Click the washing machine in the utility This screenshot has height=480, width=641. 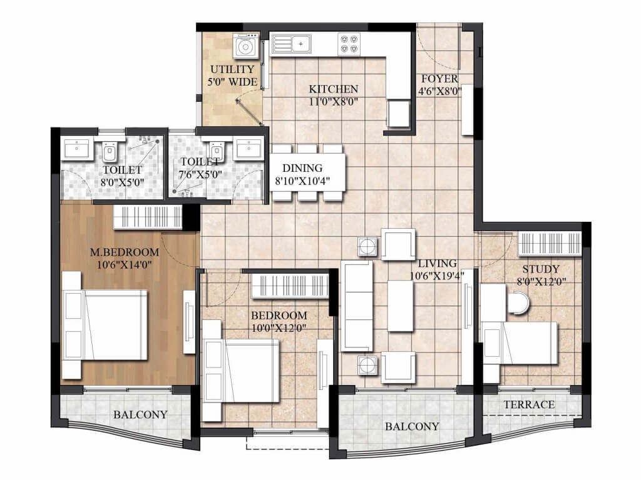[245, 46]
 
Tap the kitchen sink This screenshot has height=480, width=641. [291, 43]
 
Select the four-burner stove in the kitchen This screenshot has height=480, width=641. [349, 44]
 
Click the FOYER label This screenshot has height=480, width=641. [439, 79]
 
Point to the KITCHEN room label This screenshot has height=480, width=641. [333, 89]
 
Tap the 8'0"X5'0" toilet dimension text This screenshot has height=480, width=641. [122, 182]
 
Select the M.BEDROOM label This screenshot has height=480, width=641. [125, 252]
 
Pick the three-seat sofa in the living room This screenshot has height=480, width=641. [357, 306]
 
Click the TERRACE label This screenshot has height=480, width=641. [529, 405]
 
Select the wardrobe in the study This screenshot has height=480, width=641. [550, 244]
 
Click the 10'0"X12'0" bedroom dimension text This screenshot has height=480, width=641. [279, 327]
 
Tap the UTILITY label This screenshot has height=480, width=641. [232, 69]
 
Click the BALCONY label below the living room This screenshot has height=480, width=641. [412, 427]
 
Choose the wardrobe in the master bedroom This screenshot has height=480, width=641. [148, 217]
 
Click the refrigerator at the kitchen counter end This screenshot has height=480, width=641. [398, 114]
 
